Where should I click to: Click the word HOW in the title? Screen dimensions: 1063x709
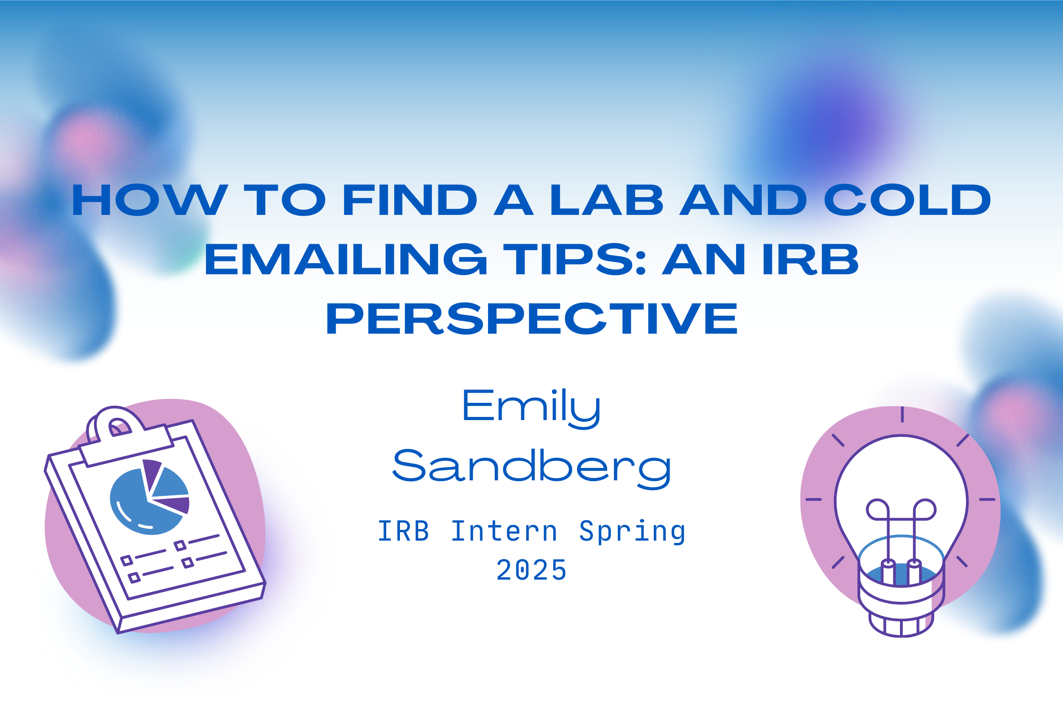150,200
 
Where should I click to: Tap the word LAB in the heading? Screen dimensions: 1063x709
606,200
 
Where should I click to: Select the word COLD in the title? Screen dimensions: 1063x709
907,200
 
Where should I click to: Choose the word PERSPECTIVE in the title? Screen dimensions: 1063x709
531,319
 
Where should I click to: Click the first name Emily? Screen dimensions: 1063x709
531,408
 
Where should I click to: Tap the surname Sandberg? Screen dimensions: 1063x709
531,468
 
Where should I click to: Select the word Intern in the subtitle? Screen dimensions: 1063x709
504,531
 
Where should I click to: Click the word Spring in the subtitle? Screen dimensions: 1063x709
632,533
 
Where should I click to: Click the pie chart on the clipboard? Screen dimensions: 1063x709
149,498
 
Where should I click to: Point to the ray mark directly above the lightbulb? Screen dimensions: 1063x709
902,414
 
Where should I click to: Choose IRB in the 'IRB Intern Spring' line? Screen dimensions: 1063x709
403,531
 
